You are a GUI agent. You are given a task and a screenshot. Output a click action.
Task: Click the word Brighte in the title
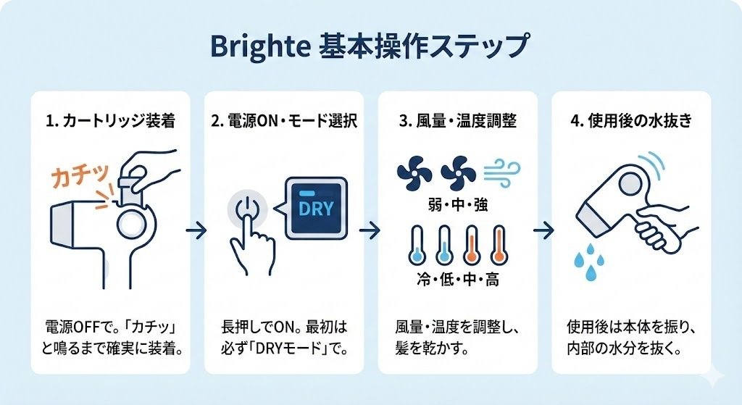pos(259,46)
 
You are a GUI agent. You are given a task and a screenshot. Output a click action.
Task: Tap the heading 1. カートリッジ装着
pos(110,120)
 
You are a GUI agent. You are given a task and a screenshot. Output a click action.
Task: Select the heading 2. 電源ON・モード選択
pos(284,120)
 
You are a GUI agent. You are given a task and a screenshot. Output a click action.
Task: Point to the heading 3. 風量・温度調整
pos(457,120)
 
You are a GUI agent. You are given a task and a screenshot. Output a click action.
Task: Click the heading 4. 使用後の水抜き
pos(631,120)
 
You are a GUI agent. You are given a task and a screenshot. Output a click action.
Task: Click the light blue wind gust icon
pos(500,172)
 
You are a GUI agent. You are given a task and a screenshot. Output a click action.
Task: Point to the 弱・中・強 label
pos(457,206)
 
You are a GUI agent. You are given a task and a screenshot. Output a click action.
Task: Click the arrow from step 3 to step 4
pos(544,230)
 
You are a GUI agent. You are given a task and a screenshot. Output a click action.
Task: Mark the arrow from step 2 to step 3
pos(370,230)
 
